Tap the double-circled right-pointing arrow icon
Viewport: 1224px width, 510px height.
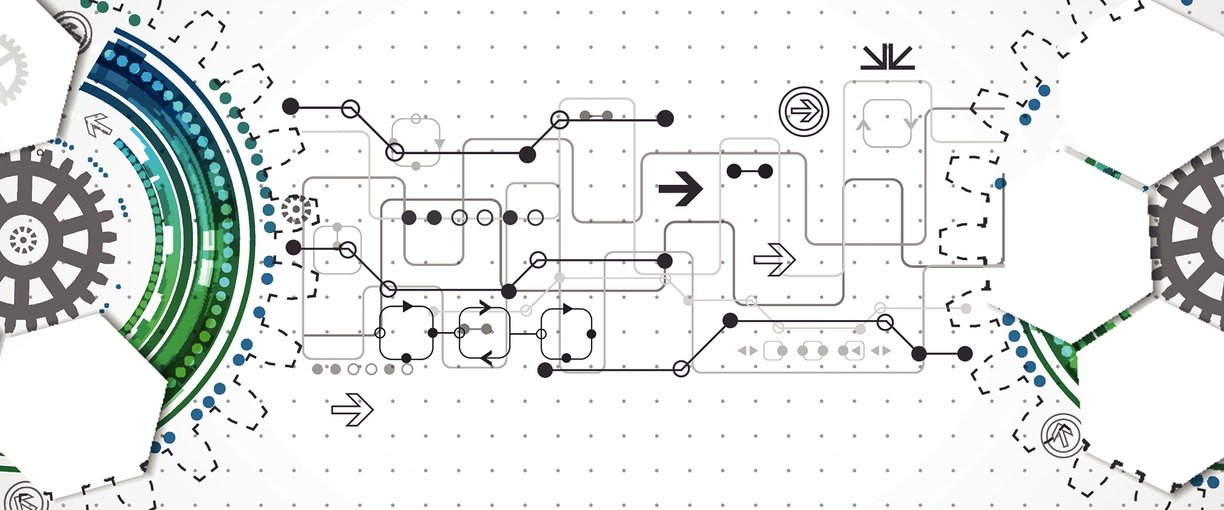(x=804, y=112)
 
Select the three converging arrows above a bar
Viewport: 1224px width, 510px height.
(x=887, y=57)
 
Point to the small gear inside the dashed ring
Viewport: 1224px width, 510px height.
(x=296, y=209)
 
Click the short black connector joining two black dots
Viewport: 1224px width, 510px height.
(x=750, y=171)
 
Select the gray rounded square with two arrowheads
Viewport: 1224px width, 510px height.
(x=887, y=123)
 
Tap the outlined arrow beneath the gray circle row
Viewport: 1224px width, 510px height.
(x=352, y=409)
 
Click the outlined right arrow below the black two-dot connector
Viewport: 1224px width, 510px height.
(x=774, y=259)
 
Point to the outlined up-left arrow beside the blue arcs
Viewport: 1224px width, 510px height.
(x=98, y=125)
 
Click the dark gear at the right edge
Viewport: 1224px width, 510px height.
(x=1192, y=239)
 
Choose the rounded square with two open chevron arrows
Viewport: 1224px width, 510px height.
(x=484, y=333)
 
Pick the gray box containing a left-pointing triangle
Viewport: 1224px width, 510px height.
(x=853, y=350)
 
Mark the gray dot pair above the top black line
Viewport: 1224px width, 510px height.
(x=596, y=115)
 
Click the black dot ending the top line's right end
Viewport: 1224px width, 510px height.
(x=665, y=119)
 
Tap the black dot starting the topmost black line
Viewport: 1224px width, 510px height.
(x=291, y=106)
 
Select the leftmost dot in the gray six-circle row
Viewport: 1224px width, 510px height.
(x=317, y=369)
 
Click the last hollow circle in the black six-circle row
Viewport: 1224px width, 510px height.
(x=535, y=218)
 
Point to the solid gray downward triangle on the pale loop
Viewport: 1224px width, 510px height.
(x=439, y=143)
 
